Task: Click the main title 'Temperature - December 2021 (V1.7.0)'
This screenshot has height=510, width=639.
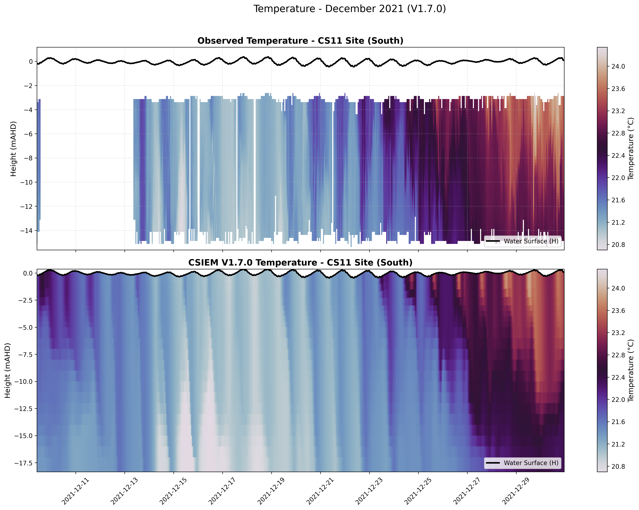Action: coord(349,9)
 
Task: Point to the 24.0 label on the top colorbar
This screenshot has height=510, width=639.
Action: coord(618,67)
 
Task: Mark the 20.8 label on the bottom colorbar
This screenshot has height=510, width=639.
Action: coord(618,467)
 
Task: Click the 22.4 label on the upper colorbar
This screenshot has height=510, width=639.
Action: coord(618,155)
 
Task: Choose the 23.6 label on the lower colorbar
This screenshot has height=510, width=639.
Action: coord(618,311)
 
